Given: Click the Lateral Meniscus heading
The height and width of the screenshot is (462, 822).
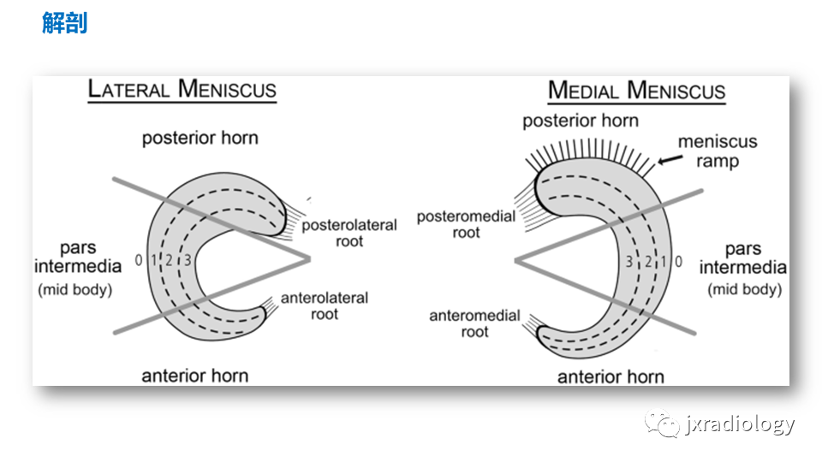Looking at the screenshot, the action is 182,89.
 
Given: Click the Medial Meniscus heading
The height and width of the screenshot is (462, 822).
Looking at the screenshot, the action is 636,91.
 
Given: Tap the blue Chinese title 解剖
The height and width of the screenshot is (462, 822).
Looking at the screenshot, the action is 64,23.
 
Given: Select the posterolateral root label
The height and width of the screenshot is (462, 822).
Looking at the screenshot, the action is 349,233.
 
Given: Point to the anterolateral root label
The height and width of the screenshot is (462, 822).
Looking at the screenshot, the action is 325,306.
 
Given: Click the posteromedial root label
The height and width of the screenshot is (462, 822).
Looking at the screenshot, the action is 466,224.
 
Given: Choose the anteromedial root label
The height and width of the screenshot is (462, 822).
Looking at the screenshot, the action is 474,323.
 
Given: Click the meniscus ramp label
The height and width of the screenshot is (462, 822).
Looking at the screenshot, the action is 718,151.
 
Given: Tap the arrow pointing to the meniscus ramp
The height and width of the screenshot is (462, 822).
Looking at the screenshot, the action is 670,159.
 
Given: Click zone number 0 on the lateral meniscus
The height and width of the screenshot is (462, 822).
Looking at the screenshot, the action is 139,260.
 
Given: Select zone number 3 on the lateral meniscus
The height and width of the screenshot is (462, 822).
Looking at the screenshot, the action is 188,260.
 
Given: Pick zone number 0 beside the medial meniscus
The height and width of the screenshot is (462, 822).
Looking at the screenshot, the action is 678,262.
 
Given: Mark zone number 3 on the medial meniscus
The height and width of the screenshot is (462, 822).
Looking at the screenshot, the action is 629,262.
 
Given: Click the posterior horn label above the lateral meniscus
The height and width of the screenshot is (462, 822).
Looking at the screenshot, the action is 200,139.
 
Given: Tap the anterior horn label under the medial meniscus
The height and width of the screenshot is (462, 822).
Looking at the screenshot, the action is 611,377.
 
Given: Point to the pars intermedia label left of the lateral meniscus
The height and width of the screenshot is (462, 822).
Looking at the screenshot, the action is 78,258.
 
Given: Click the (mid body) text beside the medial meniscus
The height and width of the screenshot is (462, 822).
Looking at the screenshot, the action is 744,289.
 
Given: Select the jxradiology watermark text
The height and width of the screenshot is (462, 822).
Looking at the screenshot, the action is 740,423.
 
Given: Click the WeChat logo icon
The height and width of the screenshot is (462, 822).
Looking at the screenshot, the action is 662,423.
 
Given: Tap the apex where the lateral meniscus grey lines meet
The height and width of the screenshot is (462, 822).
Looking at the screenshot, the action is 309,258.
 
